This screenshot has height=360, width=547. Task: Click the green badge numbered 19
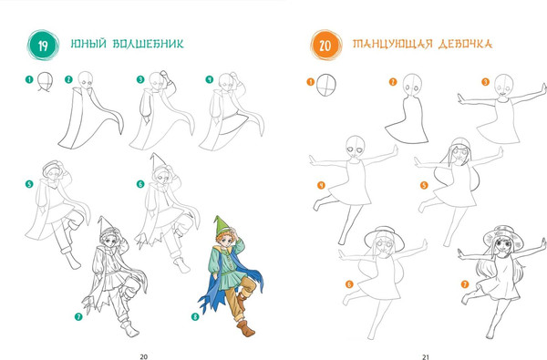(43, 46)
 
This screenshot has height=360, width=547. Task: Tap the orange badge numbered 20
(325, 46)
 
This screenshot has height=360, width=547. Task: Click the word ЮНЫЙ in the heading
(88, 44)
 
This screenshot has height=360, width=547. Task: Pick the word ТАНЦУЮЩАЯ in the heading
(392, 45)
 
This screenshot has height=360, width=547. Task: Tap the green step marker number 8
(195, 317)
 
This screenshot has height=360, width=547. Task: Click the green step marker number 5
(29, 184)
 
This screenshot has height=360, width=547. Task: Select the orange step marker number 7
(465, 284)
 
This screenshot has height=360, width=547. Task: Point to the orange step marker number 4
(321, 185)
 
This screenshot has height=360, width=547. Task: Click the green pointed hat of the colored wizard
(221, 227)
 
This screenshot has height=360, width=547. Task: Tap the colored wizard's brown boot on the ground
(246, 328)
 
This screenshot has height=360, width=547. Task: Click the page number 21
(425, 357)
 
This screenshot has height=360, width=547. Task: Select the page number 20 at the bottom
(144, 356)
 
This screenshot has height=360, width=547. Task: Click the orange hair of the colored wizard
(223, 237)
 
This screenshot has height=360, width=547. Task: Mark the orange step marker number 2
(393, 82)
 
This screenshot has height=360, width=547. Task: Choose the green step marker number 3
(140, 79)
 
